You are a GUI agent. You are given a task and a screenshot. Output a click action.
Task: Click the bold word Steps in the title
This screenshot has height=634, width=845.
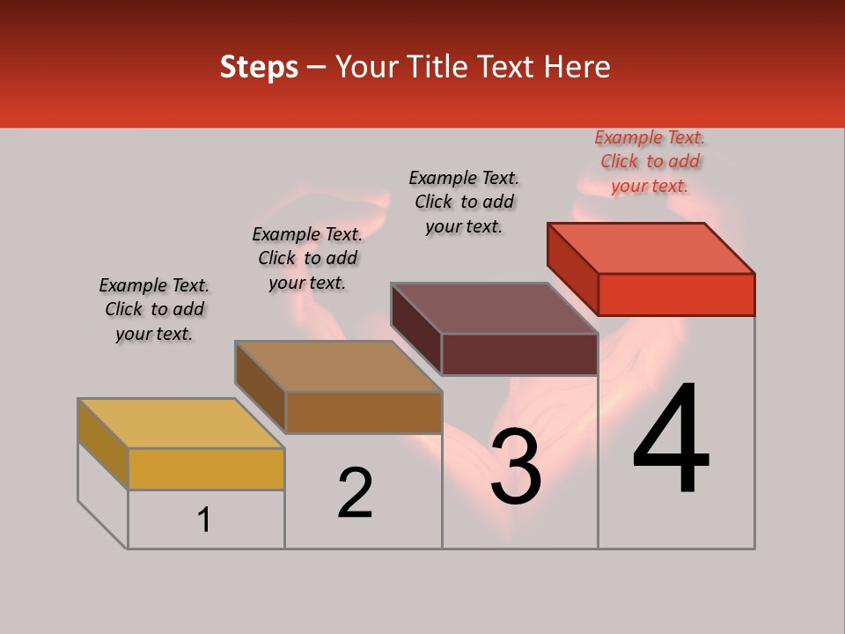pos(259,67)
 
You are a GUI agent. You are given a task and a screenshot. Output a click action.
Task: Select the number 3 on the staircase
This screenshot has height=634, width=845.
pos(515,467)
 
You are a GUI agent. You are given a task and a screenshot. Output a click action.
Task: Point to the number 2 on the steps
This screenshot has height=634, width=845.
pos(355,493)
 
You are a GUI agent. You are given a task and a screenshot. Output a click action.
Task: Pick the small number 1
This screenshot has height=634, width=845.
pos(204,520)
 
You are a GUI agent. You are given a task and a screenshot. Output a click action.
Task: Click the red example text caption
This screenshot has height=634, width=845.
pos(650,161)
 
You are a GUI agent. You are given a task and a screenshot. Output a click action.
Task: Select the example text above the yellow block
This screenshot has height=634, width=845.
pos(154,309)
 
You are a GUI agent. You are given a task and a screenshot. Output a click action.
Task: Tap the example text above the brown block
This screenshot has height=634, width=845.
pos(307,258)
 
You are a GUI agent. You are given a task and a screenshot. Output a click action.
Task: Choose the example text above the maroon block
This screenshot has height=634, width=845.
pos(464,202)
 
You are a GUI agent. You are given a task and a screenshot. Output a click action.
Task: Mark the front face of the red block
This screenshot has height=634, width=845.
pos(676,294)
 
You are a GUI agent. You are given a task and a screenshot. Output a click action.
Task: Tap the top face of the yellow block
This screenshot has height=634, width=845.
pos(181,423)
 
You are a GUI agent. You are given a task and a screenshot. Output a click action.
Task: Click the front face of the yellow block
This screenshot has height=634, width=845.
pos(206,468)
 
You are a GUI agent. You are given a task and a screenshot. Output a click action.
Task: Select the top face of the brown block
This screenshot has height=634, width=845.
pos(338,365)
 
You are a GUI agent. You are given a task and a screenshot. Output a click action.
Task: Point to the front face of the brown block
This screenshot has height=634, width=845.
pos(363,412)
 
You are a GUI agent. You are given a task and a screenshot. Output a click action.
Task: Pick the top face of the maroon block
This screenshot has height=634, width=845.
pos(495,307)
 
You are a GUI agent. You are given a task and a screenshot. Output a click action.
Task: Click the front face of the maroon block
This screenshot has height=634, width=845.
pos(519,354)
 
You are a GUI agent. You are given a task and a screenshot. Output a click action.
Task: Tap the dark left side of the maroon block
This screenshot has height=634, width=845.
pos(415,328)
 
